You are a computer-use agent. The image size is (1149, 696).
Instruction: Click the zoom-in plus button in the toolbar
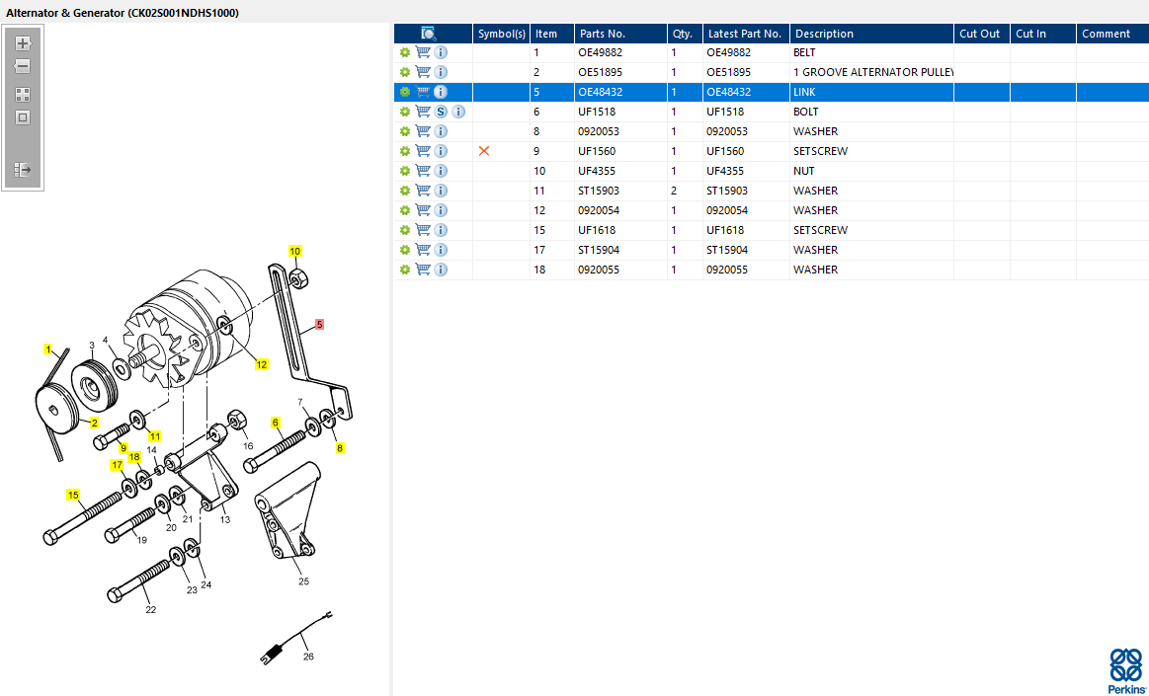pyautogui.click(x=23, y=43)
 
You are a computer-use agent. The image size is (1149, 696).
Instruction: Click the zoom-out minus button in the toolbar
pyautogui.click(x=23, y=66)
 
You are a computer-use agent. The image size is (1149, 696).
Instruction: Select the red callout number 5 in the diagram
pyautogui.click(x=319, y=324)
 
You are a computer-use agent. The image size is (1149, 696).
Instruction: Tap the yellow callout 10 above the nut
pyautogui.click(x=294, y=251)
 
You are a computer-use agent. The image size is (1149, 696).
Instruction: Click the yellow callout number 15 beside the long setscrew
pyautogui.click(x=73, y=495)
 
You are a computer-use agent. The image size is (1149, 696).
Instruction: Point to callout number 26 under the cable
pyautogui.click(x=308, y=657)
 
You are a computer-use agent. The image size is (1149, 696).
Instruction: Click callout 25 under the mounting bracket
pyautogui.click(x=303, y=581)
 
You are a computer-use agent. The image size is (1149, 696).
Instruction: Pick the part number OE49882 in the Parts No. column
pyautogui.click(x=599, y=52)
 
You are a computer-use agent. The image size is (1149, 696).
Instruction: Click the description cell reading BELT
pyautogui.click(x=804, y=52)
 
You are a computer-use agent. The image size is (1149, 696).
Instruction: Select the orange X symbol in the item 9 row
pyautogui.click(x=484, y=151)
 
